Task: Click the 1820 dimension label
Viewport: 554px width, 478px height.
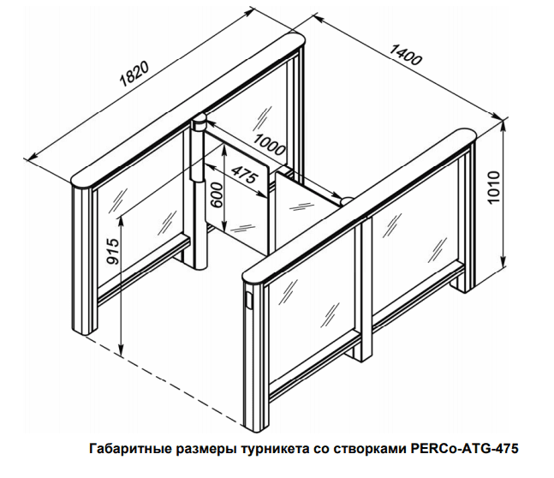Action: point(134,75)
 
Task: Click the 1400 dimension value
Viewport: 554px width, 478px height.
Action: point(405,55)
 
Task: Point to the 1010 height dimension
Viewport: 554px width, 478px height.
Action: point(493,188)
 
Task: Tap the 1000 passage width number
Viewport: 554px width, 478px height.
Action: point(269,145)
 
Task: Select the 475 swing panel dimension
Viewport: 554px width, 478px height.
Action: point(245,175)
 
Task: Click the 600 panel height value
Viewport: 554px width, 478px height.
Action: point(216,194)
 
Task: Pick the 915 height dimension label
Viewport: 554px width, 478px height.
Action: point(113,251)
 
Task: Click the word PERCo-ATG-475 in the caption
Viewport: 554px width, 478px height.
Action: point(464,449)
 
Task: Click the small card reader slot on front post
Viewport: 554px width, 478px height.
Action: point(250,301)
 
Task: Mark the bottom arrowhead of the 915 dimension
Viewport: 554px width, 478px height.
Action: point(122,351)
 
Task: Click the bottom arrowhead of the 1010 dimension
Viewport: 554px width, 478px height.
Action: point(503,263)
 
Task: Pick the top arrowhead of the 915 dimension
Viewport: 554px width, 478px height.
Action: point(122,220)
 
